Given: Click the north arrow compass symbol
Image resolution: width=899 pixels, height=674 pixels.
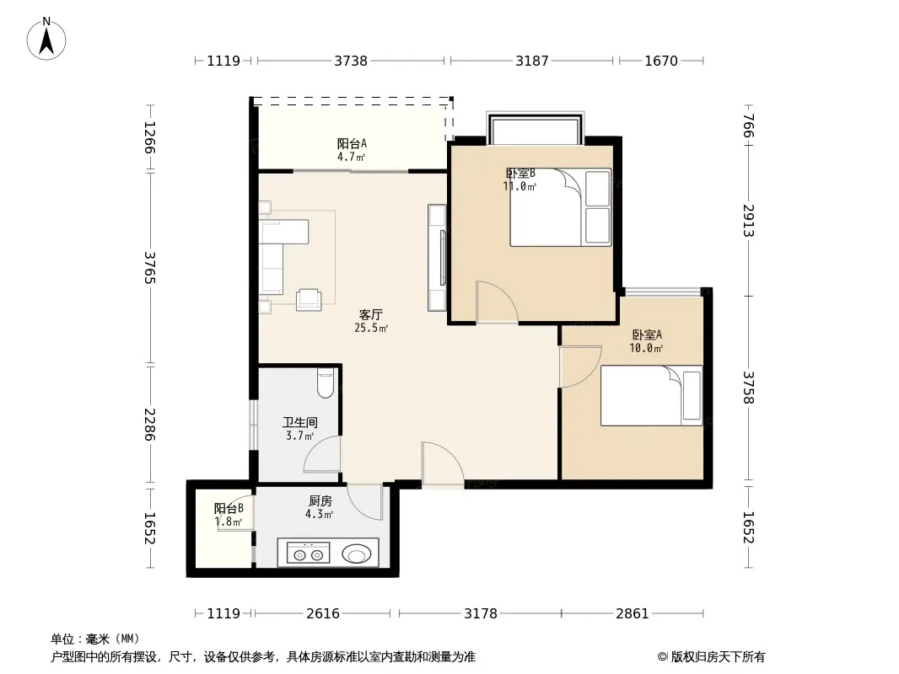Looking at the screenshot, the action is click(x=46, y=39).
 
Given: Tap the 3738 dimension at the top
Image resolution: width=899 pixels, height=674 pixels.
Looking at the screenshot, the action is click(x=351, y=61).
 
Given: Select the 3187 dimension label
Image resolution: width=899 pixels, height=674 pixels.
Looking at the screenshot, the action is click(x=532, y=61).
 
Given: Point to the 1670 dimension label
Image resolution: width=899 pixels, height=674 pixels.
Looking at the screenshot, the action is click(x=661, y=61).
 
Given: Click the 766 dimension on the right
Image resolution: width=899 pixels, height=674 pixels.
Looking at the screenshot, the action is click(x=748, y=126).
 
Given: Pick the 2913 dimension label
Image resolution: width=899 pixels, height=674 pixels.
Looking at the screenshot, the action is click(x=748, y=221).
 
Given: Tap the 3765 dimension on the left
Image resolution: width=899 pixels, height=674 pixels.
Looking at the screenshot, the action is click(x=149, y=267).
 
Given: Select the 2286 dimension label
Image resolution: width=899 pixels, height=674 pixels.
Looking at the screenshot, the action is click(x=149, y=425).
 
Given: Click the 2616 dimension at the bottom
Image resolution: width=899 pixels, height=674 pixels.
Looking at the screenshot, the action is click(x=323, y=614).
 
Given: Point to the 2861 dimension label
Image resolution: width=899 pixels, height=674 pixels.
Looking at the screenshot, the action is click(x=633, y=614).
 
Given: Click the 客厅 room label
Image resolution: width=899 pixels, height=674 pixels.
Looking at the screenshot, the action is click(x=370, y=314).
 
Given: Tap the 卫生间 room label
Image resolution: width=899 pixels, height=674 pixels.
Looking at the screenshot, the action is click(x=300, y=423).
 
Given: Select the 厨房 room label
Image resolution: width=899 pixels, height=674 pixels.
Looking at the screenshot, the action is click(x=320, y=501).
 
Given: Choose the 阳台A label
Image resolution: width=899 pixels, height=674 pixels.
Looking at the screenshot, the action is click(x=352, y=144).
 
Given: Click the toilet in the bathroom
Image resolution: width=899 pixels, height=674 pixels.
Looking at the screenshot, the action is click(x=325, y=383).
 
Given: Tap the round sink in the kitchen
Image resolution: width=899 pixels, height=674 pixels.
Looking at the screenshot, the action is click(x=357, y=554).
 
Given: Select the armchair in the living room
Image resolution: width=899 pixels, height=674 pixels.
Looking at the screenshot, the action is click(x=309, y=299).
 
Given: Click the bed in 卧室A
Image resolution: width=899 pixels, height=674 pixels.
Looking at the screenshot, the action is click(x=651, y=396).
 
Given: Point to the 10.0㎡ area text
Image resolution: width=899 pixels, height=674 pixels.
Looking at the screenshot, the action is click(x=646, y=348).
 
